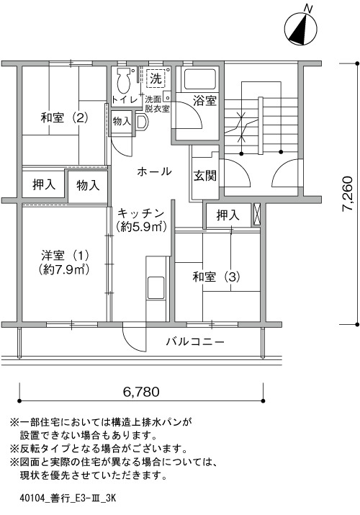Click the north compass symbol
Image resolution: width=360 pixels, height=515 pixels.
[x=301, y=29]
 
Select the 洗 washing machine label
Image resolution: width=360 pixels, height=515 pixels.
[x=156, y=79]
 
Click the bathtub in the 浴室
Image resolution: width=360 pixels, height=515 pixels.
[x=200, y=79]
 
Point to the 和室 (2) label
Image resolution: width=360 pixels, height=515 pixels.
[x=65, y=117]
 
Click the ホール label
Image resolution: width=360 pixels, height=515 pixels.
[x=154, y=171]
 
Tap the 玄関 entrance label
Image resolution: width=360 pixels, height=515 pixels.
[x=204, y=176]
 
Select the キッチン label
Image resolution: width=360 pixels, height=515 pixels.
[x=140, y=213]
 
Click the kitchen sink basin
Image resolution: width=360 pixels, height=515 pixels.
[x=156, y=287]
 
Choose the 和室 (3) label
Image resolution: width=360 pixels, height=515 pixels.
[x=216, y=277]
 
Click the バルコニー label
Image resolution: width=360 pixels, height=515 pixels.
[x=195, y=342]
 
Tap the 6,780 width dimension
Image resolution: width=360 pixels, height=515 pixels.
[x=141, y=392]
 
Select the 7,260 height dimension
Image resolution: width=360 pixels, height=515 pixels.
[x=347, y=194]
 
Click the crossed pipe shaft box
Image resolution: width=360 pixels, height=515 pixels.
[x=256, y=215]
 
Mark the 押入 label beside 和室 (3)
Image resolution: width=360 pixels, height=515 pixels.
[x=228, y=215]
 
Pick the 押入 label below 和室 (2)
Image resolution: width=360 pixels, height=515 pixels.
[x=44, y=184]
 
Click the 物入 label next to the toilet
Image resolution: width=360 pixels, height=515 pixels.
[x=122, y=121]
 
